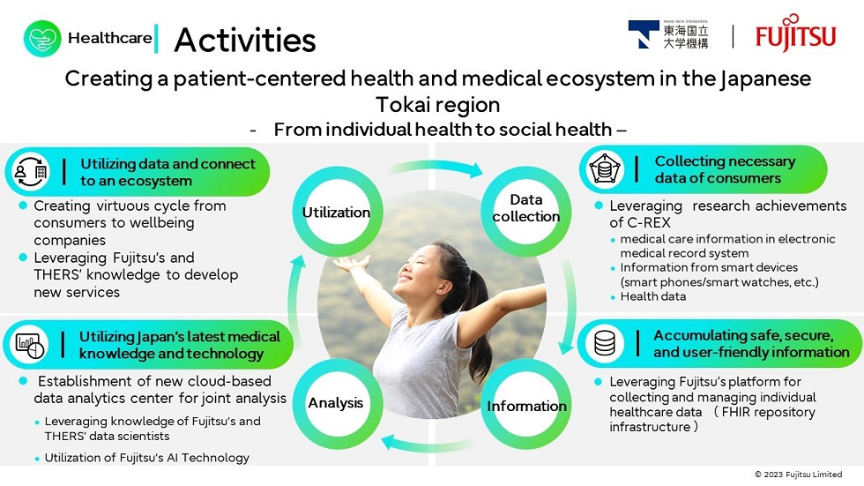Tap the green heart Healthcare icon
[x=42, y=39]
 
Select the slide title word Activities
[x=244, y=40]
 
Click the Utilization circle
[x=336, y=212]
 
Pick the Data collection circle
[x=526, y=208]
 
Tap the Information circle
[x=526, y=406]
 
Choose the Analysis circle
[x=336, y=403]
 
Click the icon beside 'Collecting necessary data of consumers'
[x=607, y=169]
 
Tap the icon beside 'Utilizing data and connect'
[x=31, y=172]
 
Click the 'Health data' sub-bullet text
[x=652, y=296]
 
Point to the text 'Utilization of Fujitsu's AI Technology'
[x=146, y=458]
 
